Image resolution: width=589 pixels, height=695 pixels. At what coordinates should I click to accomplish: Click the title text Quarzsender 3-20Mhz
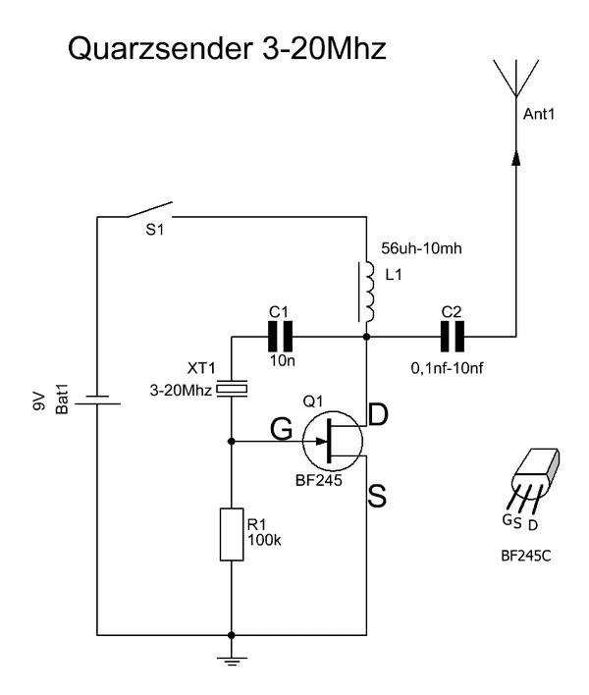point(227,48)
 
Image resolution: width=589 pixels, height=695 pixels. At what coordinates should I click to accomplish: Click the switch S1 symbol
point(150,210)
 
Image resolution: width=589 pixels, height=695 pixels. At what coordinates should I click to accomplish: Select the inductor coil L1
point(366,292)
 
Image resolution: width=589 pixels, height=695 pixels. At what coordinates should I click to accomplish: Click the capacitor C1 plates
point(281,337)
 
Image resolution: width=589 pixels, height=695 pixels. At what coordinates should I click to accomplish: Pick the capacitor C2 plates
point(453,337)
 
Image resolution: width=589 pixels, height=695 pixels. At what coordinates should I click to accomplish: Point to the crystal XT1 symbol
point(232,389)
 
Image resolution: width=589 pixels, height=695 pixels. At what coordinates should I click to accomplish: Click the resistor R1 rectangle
point(232,534)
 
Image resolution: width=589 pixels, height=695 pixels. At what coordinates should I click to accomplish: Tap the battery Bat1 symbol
point(97,400)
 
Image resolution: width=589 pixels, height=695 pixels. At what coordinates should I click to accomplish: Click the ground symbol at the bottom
point(232,661)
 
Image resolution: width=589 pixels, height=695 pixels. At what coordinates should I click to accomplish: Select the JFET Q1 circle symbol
point(333,441)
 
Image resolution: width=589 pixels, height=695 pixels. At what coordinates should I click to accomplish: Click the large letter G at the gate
point(282,429)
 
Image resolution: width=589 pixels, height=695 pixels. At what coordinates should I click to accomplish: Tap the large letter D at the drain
point(378,414)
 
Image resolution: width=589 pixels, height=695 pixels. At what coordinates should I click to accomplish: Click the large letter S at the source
point(377,496)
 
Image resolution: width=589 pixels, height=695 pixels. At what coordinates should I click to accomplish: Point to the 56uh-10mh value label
point(421,248)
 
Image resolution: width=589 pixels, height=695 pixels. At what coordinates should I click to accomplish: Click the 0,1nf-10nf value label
point(447,367)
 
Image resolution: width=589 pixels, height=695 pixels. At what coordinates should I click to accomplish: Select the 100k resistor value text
point(264,540)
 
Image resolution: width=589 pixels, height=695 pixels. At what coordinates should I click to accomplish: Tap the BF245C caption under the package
point(525,556)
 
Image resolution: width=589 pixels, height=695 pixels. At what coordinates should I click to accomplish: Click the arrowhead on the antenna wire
point(516,157)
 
